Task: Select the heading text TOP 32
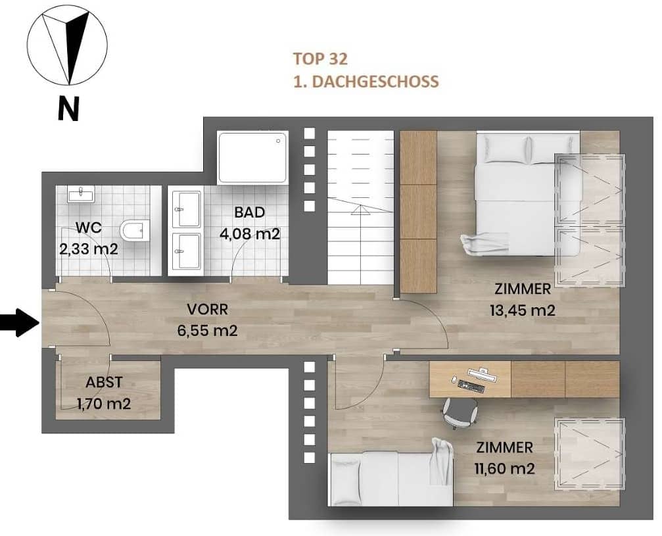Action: [320, 59]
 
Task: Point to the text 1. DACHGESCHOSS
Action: [366, 82]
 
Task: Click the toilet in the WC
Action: [133, 231]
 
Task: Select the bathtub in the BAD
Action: [253, 158]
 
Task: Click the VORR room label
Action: [207, 309]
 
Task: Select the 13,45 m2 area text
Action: [523, 309]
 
